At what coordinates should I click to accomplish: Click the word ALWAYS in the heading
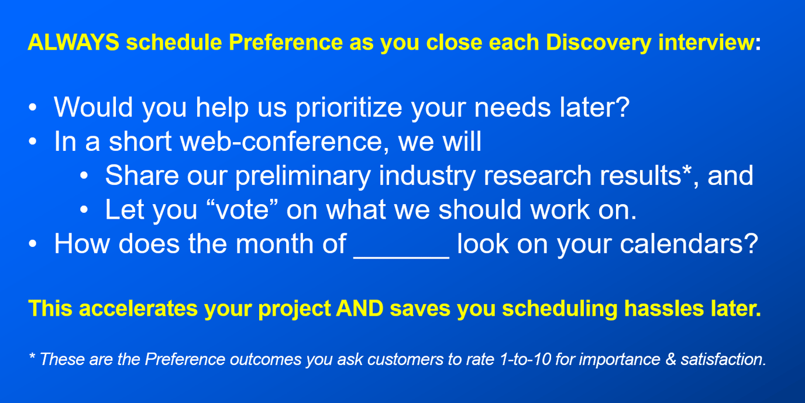point(74,43)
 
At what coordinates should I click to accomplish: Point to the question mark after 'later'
point(622,108)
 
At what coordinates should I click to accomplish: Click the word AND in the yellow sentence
point(360,308)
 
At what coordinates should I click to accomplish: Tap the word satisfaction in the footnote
point(723,359)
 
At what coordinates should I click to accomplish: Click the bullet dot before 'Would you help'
point(33,108)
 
